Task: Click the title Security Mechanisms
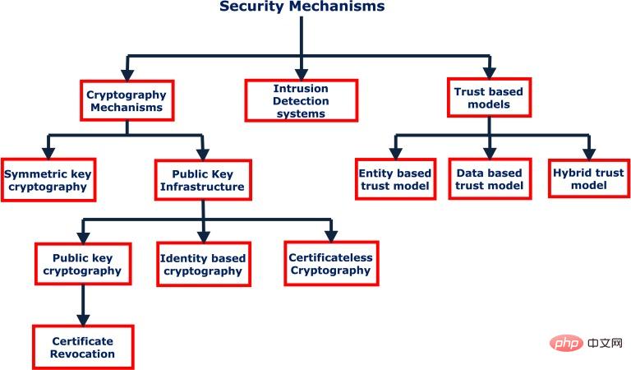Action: click(302, 7)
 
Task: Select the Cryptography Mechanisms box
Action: click(126, 100)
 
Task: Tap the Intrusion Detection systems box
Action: click(302, 100)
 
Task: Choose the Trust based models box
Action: click(488, 98)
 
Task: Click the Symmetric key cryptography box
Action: click(48, 179)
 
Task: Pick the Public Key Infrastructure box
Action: click(203, 180)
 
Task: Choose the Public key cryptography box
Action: click(81, 263)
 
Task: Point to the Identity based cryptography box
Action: click(202, 264)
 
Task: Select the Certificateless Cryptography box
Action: click(330, 263)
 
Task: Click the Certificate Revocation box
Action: click(82, 347)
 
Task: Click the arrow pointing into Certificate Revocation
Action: click(81, 317)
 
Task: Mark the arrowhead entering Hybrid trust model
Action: click(587, 153)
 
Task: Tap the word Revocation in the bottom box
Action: click(82, 354)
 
